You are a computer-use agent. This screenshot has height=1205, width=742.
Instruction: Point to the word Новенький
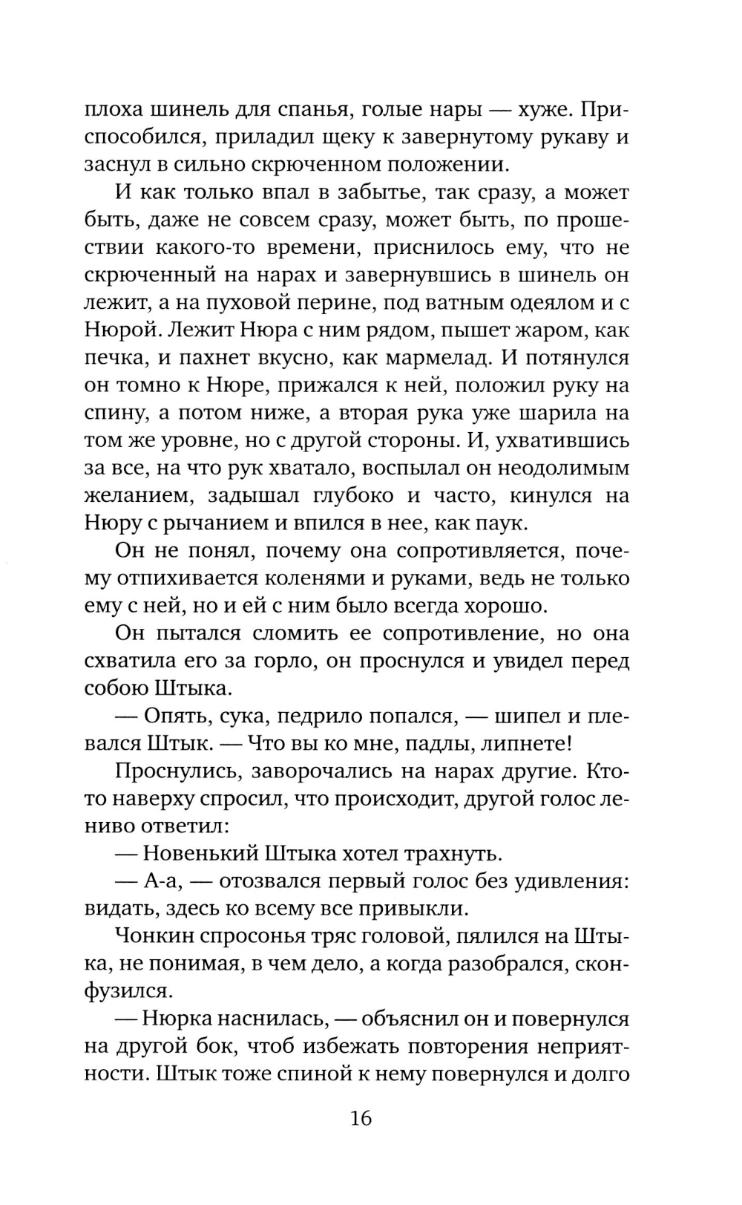200,853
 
